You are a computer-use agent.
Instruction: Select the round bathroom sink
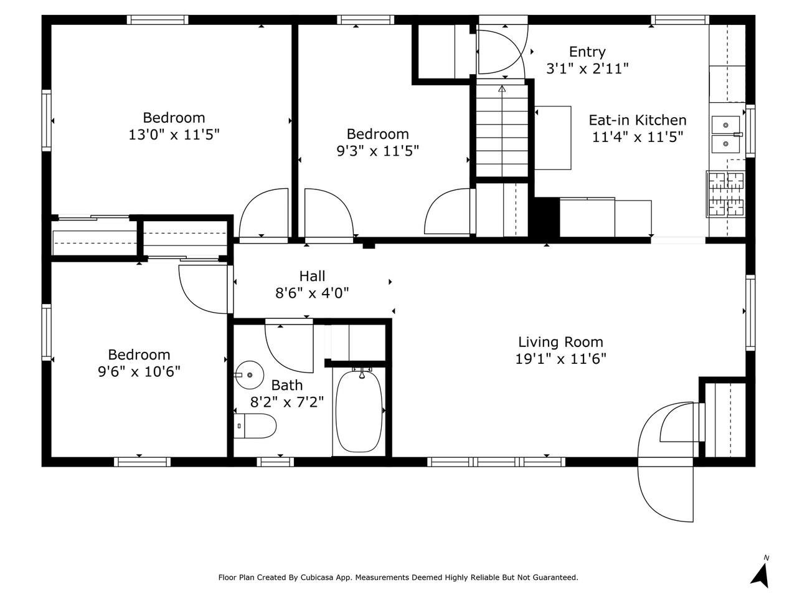(249, 375)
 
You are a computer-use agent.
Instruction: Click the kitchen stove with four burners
(725, 194)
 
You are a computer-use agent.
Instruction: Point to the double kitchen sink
(726, 135)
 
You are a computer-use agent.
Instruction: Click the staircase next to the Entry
(501, 131)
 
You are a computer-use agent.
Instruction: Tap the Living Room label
(560, 342)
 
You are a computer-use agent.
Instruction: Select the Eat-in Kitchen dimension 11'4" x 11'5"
(638, 137)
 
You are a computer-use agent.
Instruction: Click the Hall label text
(312, 276)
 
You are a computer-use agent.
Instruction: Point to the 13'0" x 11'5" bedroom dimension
(174, 135)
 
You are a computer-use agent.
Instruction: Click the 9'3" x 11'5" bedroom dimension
(377, 151)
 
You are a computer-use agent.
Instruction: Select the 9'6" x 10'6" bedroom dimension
(139, 371)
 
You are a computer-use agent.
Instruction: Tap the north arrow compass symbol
(760, 573)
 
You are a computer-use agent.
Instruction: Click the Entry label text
(587, 52)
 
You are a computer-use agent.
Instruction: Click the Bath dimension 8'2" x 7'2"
(287, 402)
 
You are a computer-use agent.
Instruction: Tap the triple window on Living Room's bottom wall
(496, 462)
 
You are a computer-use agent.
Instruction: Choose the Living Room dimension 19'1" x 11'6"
(560, 359)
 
